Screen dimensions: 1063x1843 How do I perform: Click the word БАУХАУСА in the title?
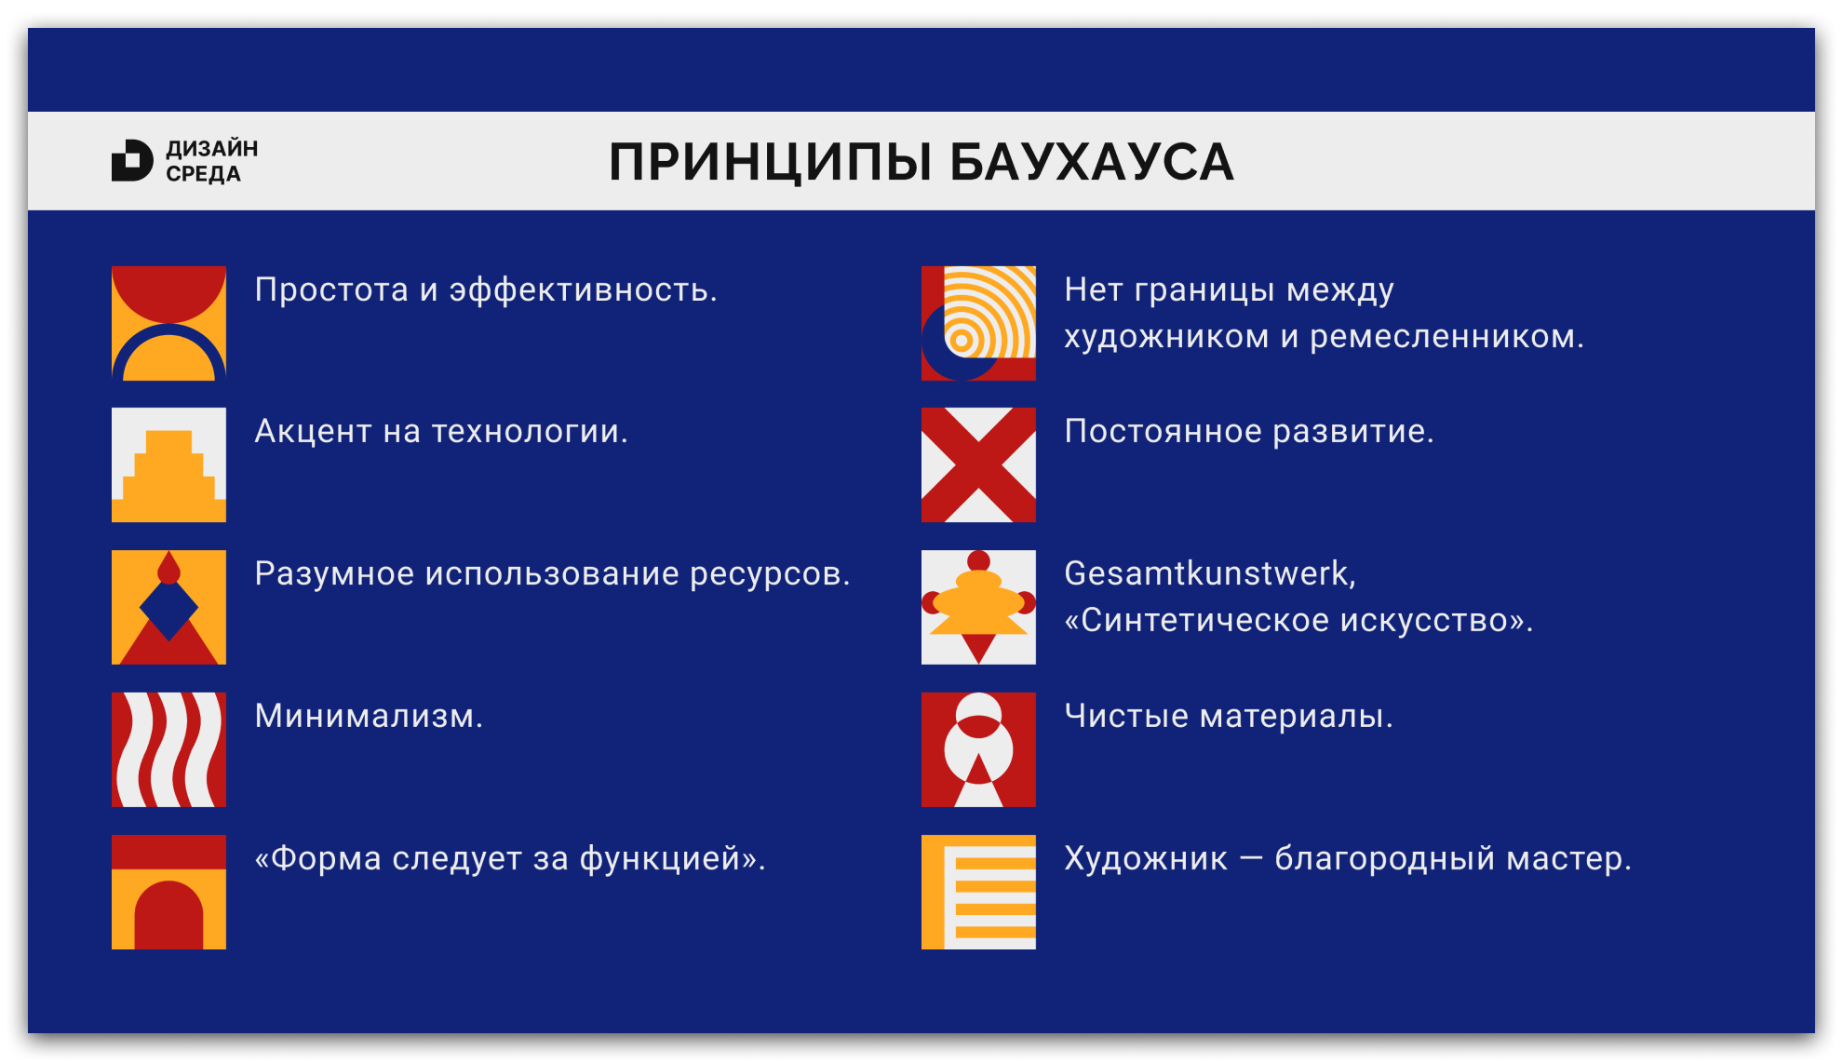tap(1091, 163)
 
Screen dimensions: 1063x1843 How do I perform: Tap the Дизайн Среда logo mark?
tap(131, 160)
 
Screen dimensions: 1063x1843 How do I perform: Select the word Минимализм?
tap(369, 716)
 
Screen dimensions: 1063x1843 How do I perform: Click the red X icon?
tap(978, 464)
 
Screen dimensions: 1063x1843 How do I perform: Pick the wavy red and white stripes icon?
tap(168, 749)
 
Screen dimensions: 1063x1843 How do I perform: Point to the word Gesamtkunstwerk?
tap(1208, 573)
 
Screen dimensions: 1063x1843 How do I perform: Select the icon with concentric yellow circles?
tap(978, 323)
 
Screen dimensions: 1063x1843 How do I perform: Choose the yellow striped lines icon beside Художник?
tap(978, 892)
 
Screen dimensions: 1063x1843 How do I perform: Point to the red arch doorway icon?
tap(168, 892)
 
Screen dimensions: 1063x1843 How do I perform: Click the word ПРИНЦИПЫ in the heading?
tap(770, 163)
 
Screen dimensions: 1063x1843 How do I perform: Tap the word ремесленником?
tap(1446, 337)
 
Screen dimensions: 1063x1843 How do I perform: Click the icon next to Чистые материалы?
tap(978, 749)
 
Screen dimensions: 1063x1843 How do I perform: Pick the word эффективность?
tap(583, 290)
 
